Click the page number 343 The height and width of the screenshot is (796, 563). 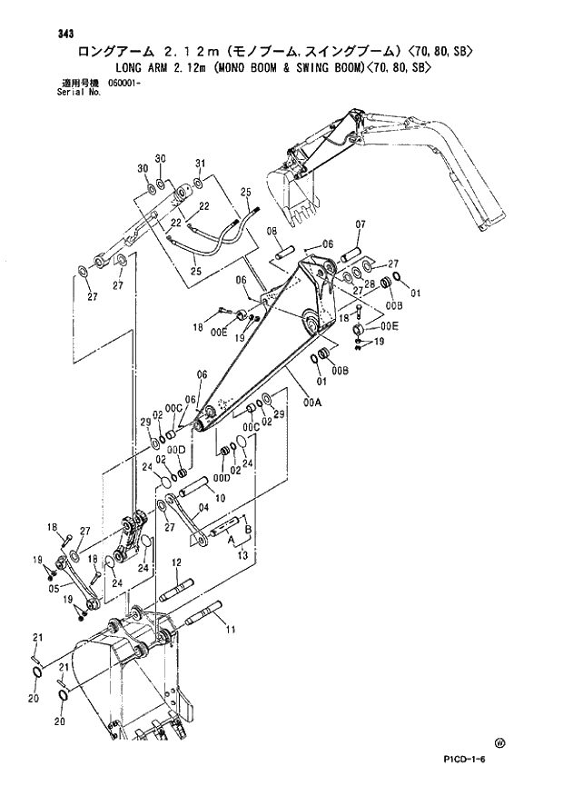pyautogui.click(x=64, y=34)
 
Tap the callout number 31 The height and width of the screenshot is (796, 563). pyautogui.click(x=201, y=163)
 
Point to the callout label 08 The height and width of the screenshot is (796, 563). pyautogui.click(x=272, y=233)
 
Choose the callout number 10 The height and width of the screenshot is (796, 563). pyautogui.click(x=221, y=497)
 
